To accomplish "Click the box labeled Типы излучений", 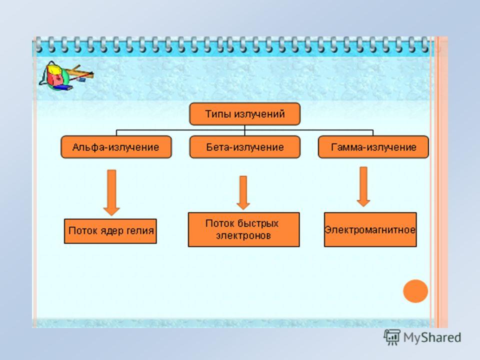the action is [245, 114].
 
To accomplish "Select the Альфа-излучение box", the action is [116, 147].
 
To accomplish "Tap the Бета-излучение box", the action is [245, 147].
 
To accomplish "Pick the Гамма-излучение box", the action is [373, 147].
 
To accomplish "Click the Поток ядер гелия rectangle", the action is [110, 231].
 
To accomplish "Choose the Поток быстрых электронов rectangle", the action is [243, 229].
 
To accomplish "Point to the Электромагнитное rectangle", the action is [370, 229].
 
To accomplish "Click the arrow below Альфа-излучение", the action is [111, 192].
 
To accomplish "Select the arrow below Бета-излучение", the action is [243, 192].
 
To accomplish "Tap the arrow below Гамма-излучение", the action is [363, 186].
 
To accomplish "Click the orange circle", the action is [415, 291].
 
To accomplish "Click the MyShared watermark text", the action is [432, 337].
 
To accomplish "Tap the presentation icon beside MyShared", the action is [392, 337].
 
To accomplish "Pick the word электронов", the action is [243, 235].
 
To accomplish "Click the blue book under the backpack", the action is [63, 88].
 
